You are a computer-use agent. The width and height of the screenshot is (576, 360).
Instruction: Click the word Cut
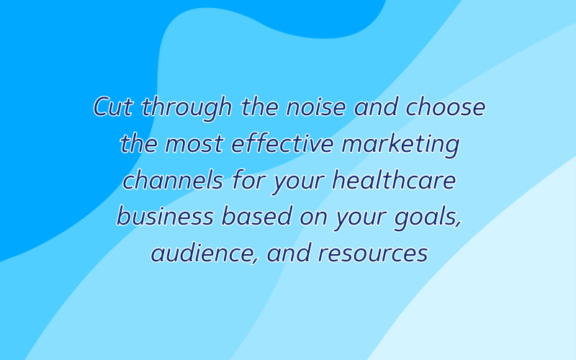pyautogui.click(x=113, y=107)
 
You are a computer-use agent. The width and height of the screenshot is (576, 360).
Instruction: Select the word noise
pyautogui.click(x=316, y=107)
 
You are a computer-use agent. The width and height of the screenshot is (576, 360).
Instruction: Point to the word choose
pyautogui.click(x=445, y=107)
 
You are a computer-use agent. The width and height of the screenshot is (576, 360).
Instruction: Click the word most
pyautogui.click(x=194, y=143)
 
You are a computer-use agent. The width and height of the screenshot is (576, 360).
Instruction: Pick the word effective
pyautogui.click(x=282, y=143)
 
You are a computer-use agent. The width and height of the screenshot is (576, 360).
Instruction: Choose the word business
pyautogui.click(x=166, y=216)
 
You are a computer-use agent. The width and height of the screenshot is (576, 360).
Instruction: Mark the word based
pyautogui.click(x=257, y=216)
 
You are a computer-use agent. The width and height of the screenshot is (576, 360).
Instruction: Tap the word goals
pyautogui.click(x=428, y=218)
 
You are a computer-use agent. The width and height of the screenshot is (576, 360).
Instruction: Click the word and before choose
pyautogui.click(x=376, y=107)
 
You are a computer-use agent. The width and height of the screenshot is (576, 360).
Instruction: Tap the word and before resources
pyautogui.click(x=289, y=253)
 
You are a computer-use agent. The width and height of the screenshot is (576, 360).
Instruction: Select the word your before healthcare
pyautogui.click(x=299, y=183)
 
